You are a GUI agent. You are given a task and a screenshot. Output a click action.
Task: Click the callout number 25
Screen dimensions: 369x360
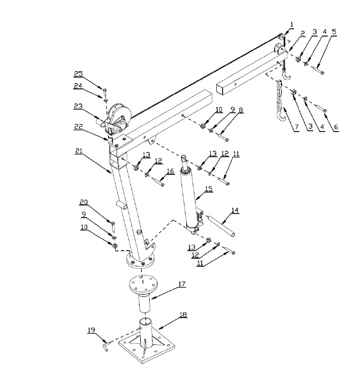(x=78, y=74)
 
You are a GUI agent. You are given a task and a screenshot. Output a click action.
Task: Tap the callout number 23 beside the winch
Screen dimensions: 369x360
(x=78, y=106)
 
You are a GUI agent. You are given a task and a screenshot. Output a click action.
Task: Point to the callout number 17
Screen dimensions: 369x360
(x=182, y=284)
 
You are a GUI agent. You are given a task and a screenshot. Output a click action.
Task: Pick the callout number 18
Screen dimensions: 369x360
(x=183, y=315)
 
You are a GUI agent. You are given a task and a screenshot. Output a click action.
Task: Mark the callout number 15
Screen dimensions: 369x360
(x=208, y=189)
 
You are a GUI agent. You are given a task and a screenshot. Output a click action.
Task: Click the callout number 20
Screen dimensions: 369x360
(x=84, y=202)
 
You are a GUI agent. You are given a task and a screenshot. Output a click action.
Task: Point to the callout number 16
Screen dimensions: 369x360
(x=170, y=170)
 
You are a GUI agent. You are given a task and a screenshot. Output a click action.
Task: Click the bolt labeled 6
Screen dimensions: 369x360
(x=322, y=110)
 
